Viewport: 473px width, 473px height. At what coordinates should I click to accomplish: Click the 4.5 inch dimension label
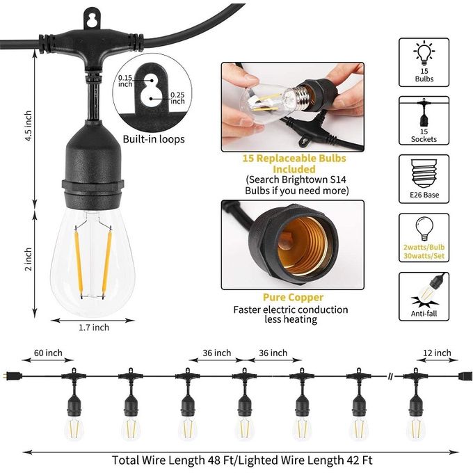(x=28, y=126)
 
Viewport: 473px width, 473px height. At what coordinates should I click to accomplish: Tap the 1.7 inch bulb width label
(x=94, y=328)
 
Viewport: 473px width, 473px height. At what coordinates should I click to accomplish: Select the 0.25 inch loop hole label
(x=177, y=98)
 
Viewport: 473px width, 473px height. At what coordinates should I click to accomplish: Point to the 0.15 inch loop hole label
(x=125, y=81)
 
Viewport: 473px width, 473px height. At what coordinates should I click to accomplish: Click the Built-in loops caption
(x=154, y=139)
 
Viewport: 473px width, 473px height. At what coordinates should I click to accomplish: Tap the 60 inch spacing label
(x=48, y=353)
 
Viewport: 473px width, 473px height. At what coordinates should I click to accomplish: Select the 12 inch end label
(x=437, y=353)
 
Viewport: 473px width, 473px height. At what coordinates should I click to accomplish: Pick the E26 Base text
(x=424, y=195)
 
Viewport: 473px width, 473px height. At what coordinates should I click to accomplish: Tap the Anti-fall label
(x=424, y=314)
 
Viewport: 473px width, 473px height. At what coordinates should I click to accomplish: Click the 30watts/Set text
(x=424, y=256)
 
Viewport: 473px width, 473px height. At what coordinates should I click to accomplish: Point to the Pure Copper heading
(x=293, y=298)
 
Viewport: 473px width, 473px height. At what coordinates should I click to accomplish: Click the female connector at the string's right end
(x=465, y=376)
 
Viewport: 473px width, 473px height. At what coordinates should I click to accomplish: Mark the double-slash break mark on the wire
(x=391, y=376)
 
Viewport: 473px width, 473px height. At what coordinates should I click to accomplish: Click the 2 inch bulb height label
(x=28, y=259)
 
